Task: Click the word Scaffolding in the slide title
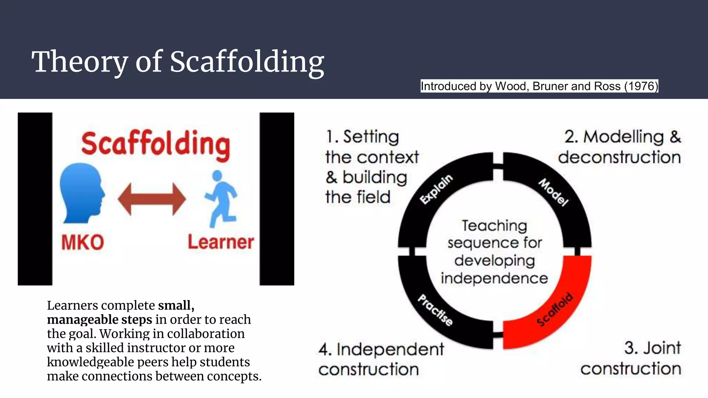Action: (247, 62)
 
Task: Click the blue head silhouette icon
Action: (81, 193)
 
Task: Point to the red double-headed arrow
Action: (152, 199)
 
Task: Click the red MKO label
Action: (83, 242)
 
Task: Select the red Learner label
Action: (221, 242)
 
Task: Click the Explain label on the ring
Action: (436, 189)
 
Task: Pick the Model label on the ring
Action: (553, 192)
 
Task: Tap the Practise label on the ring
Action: (435, 310)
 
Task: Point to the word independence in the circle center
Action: (494, 278)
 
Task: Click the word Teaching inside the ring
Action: (494, 226)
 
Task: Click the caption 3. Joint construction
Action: (631, 358)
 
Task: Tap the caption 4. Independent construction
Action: (381, 359)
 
